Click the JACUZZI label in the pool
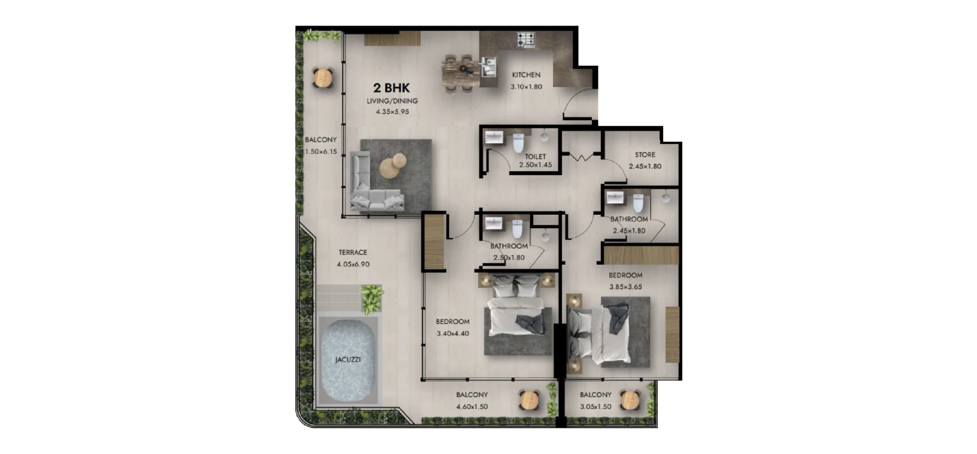click(x=348, y=359)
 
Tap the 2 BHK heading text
click(x=391, y=88)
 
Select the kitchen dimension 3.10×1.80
click(x=526, y=87)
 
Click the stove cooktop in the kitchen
click(x=526, y=39)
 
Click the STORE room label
click(x=645, y=154)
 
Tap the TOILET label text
click(x=535, y=156)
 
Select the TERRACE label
click(x=353, y=252)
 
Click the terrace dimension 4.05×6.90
click(x=353, y=264)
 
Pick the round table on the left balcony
click(x=322, y=78)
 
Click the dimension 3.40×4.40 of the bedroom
click(x=453, y=333)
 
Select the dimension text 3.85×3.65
click(x=625, y=287)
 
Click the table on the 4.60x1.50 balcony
click(x=529, y=401)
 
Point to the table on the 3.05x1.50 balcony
click(x=629, y=401)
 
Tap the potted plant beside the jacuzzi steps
click(x=372, y=298)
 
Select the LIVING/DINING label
click(x=392, y=101)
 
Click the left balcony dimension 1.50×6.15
click(x=321, y=151)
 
